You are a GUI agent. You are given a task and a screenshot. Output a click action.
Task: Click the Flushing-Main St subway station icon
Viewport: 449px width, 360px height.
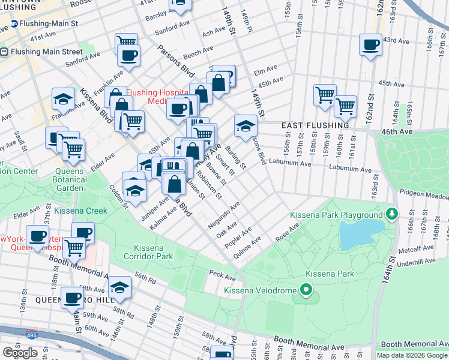[x=14, y=25]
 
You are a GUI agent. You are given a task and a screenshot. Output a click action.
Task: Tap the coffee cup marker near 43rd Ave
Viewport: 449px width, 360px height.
[x=370, y=44]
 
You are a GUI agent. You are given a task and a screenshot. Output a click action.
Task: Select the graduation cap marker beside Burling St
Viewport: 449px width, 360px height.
[x=246, y=125]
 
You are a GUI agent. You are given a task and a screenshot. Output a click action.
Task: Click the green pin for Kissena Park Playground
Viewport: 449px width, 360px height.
[x=392, y=214]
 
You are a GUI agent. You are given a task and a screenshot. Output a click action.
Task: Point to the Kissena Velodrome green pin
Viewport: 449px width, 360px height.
[x=306, y=291]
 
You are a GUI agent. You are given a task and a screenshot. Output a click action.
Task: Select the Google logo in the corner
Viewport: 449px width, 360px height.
[x=20, y=353]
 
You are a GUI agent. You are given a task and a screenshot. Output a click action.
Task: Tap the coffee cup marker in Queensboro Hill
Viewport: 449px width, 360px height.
[x=73, y=297]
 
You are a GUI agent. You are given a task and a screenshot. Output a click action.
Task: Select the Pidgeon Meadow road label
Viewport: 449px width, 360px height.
[x=425, y=196]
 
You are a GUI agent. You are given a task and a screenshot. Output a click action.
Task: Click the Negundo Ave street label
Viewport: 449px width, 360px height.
[x=224, y=214]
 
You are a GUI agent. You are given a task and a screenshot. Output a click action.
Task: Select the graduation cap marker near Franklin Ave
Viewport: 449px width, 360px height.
[x=62, y=98]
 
